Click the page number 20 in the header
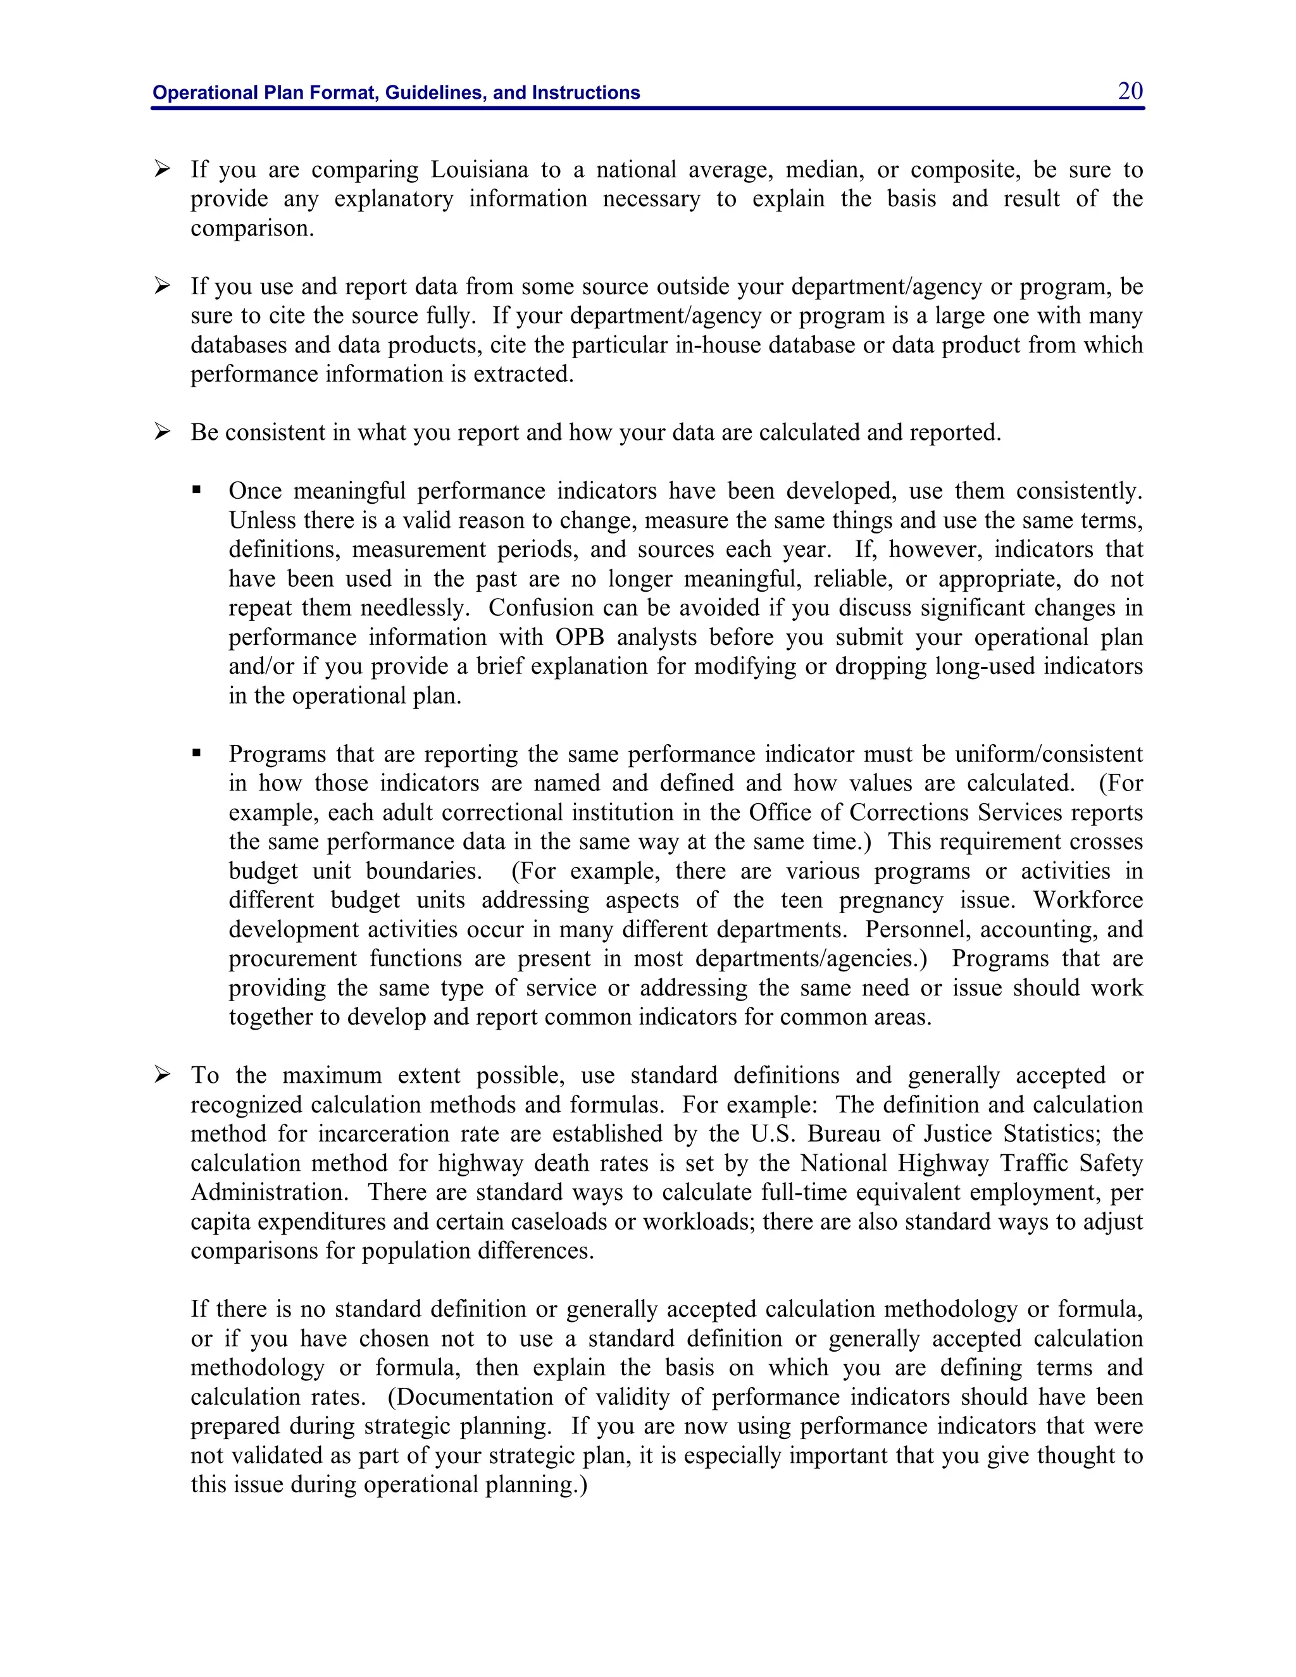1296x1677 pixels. pos(1130,91)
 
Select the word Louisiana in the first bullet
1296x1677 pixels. pos(479,170)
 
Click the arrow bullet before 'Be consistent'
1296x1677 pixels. pos(162,432)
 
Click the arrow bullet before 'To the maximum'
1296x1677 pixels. pos(162,1075)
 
